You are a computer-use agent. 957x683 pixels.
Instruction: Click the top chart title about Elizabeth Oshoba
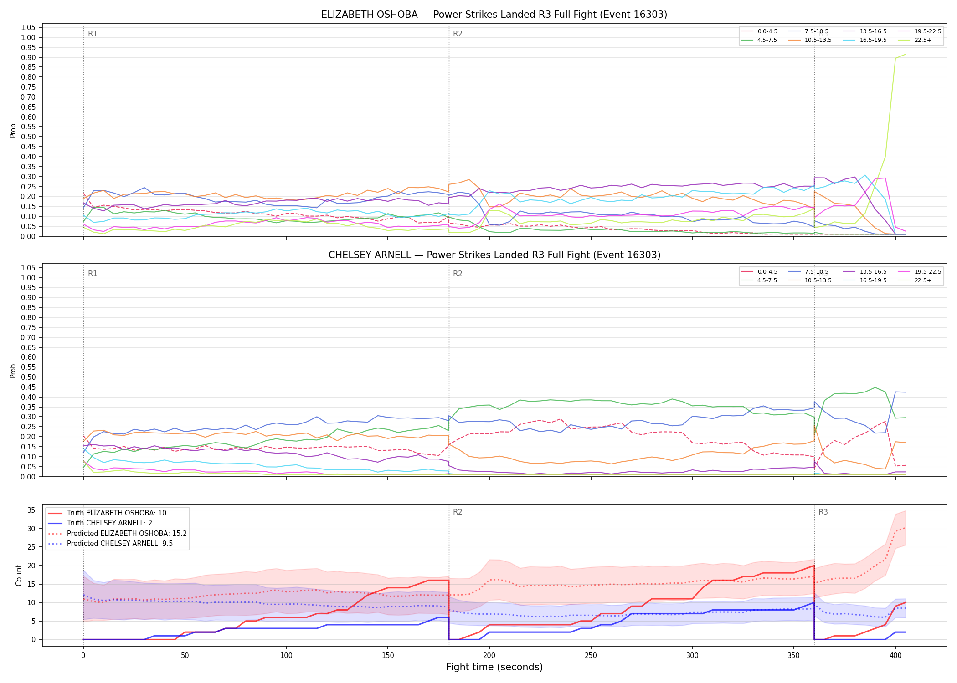click(x=494, y=15)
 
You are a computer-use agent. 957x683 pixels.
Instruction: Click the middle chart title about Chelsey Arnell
click(x=494, y=255)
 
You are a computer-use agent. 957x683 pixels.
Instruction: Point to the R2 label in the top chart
click(x=458, y=34)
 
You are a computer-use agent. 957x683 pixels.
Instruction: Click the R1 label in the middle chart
click(x=93, y=274)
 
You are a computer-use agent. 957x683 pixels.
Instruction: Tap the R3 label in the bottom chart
click(x=823, y=512)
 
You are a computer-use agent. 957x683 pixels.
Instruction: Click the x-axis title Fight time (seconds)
click(x=494, y=667)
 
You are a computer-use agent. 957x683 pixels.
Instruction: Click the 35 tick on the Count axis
click(x=31, y=510)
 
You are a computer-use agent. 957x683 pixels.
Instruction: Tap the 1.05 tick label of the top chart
click(x=28, y=28)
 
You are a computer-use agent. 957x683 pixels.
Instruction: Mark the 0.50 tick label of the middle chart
click(x=28, y=377)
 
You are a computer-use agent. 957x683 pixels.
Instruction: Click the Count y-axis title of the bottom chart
click(x=19, y=575)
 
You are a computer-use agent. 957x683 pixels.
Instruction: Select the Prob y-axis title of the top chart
click(x=13, y=130)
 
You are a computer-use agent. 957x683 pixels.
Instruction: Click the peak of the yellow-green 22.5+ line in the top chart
click(x=906, y=54)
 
